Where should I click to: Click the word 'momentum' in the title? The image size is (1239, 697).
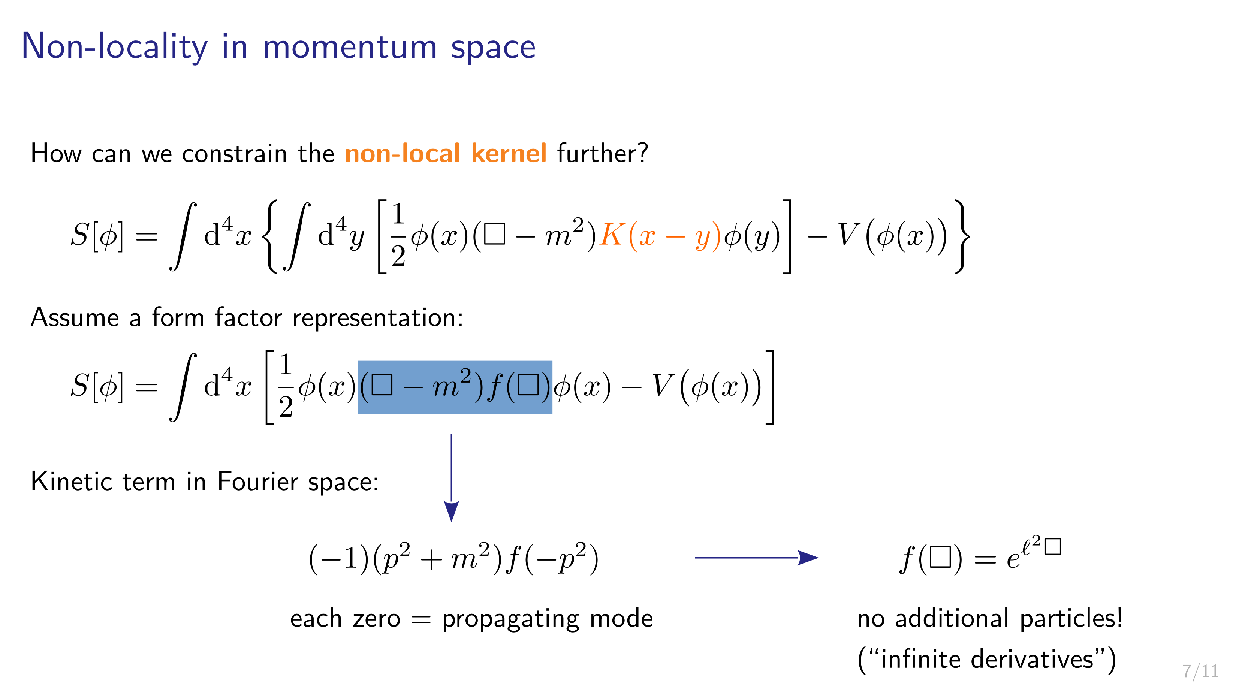350,47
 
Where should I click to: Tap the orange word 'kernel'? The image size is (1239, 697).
509,153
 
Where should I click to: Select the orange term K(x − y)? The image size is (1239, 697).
660,236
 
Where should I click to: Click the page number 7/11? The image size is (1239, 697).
1200,670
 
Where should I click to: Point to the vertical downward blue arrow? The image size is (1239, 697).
451,478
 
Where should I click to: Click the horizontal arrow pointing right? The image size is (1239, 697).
757,558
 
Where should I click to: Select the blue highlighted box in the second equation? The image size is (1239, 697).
455,387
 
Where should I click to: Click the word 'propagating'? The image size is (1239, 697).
511,619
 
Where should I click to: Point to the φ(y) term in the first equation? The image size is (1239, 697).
752,236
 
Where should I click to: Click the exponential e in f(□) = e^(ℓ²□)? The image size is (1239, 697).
1013,559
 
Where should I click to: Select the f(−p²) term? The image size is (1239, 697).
553,559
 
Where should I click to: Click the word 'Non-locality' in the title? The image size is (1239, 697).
114,47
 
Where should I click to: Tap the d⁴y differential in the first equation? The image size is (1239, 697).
341,234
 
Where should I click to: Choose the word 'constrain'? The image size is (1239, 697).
234,154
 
